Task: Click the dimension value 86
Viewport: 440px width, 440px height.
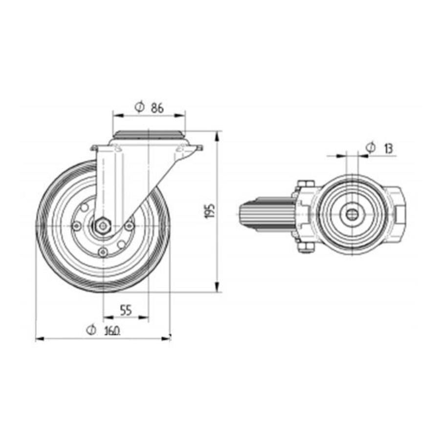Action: [156, 109]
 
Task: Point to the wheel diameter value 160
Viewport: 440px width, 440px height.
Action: [111, 331]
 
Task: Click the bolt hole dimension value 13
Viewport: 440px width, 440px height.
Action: [388, 148]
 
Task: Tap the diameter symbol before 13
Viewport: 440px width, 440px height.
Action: [371, 147]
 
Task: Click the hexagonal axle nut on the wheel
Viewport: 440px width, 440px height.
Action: [103, 226]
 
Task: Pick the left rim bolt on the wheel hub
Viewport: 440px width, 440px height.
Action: [77, 226]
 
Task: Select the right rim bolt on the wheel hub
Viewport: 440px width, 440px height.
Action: [129, 226]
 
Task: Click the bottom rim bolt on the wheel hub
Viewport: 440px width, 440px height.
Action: [103, 252]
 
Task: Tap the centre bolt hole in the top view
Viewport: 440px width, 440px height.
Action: [352, 213]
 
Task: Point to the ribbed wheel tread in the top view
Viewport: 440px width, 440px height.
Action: [266, 214]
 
